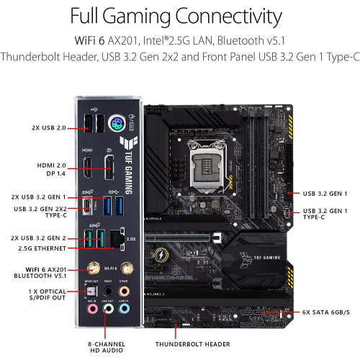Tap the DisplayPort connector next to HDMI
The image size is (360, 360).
(110, 168)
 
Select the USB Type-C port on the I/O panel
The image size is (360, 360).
(88, 206)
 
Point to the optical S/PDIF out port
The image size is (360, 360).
(89, 289)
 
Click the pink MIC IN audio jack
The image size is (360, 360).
(89, 307)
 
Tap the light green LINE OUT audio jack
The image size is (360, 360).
(108, 307)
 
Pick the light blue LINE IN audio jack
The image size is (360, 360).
(125, 307)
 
